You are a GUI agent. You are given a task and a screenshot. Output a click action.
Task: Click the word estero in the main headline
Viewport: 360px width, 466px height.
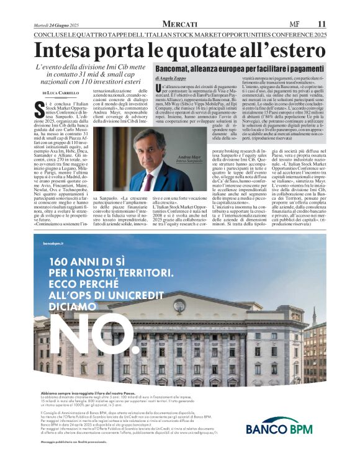point(299,49)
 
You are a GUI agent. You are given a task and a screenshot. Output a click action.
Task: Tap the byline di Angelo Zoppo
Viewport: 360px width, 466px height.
point(171,79)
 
